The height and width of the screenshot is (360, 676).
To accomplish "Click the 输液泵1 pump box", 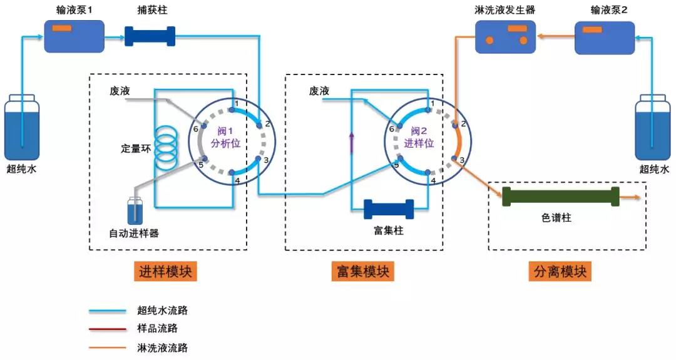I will (x=74, y=36).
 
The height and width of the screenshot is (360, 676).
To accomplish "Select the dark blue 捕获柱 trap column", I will (x=150, y=36).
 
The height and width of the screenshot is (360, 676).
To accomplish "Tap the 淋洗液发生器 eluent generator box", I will (x=505, y=37).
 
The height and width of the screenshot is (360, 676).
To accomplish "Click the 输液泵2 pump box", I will (x=604, y=37).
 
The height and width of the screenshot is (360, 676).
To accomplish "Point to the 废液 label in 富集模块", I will (x=319, y=91).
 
